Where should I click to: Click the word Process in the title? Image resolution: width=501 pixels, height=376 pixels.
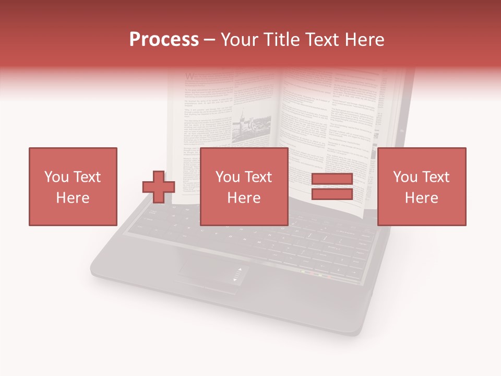tap(164, 40)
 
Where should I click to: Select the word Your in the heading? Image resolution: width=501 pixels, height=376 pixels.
tap(238, 40)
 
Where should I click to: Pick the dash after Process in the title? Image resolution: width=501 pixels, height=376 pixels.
tap(210, 40)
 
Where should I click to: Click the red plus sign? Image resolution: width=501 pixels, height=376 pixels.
tap(159, 186)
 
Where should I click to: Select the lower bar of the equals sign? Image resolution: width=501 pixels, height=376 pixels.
tap(332, 194)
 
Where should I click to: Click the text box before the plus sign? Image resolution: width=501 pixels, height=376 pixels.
tap(73, 186)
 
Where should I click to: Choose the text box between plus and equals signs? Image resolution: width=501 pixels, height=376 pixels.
tap(244, 186)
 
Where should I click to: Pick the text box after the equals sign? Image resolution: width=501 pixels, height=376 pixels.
tap(421, 186)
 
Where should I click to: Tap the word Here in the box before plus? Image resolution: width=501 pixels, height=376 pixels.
tap(73, 198)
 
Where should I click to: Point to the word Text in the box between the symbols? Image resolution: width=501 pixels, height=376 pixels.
tap(259, 177)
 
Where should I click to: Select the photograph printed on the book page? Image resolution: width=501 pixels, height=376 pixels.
tap(245, 125)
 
